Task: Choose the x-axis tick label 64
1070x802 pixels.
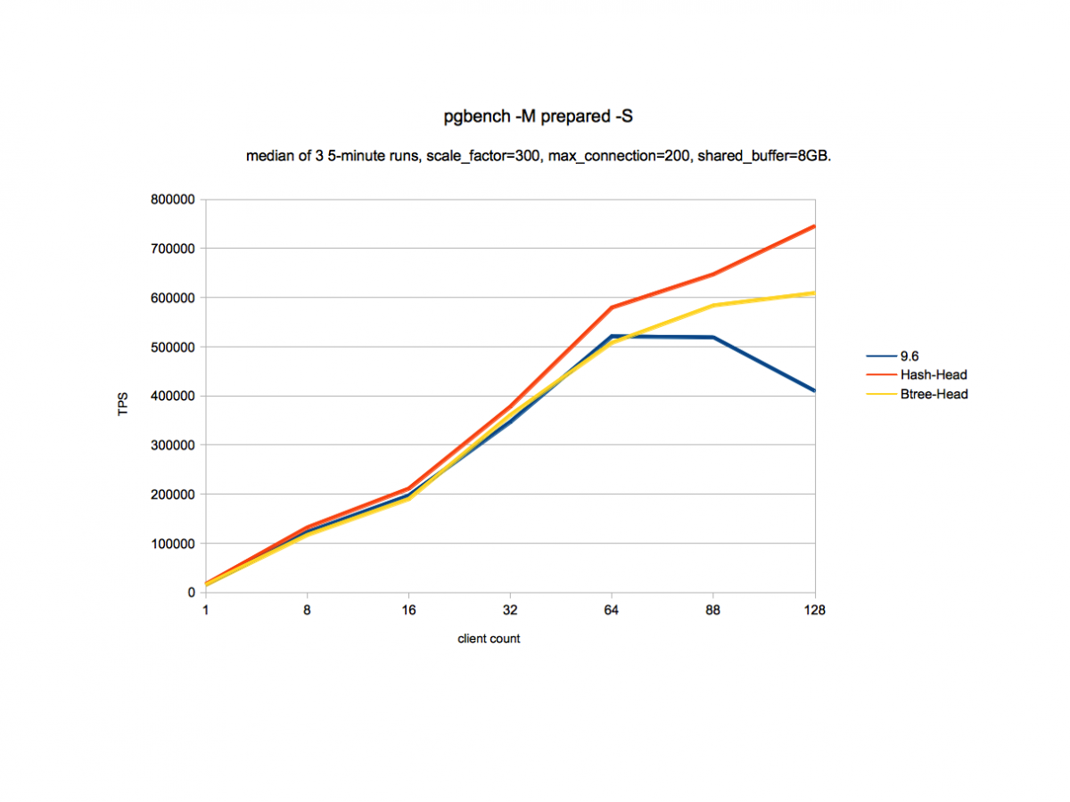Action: [611, 610]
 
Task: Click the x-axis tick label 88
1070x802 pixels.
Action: [712, 610]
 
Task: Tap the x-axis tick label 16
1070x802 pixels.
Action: [408, 610]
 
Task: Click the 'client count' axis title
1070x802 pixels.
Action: [489, 639]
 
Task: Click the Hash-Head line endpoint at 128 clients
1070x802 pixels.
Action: [813, 226]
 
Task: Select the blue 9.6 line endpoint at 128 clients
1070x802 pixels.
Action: [813, 390]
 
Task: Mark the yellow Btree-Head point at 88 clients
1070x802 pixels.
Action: [712, 306]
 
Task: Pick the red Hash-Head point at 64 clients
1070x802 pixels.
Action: [612, 307]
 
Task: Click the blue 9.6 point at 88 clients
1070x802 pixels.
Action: [712, 337]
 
